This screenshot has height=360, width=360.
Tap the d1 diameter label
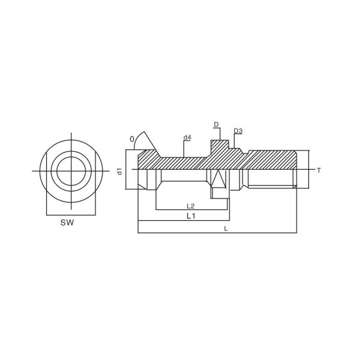coord(119,171)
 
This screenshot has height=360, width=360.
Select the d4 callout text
coord(187,137)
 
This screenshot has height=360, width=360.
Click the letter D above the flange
coord(216,125)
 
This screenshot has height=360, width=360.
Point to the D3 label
coord(238,131)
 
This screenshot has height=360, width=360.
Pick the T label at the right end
coord(319,170)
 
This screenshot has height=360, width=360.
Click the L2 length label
coord(190,206)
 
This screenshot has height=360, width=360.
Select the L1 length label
coord(191,215)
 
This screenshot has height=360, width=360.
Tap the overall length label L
coord(226,229)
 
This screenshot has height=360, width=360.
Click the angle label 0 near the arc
coord(132,139)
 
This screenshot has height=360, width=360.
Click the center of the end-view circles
coord(71,171)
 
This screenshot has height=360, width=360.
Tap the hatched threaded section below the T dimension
coord(273,160)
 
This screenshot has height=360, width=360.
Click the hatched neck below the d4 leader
coord(183,163)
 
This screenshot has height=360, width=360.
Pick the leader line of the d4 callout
coord(184,149)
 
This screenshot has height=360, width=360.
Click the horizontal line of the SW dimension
coord(71,215)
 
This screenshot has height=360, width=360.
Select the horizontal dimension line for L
coord(216,232)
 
